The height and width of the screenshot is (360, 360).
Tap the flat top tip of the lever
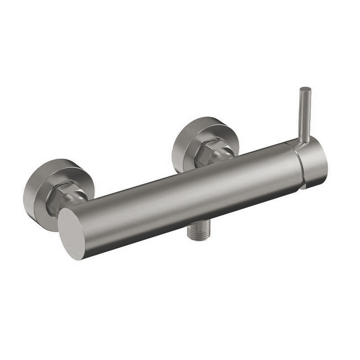click(x=306, y=89)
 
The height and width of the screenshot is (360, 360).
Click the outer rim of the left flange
click(x=29, y=198)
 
